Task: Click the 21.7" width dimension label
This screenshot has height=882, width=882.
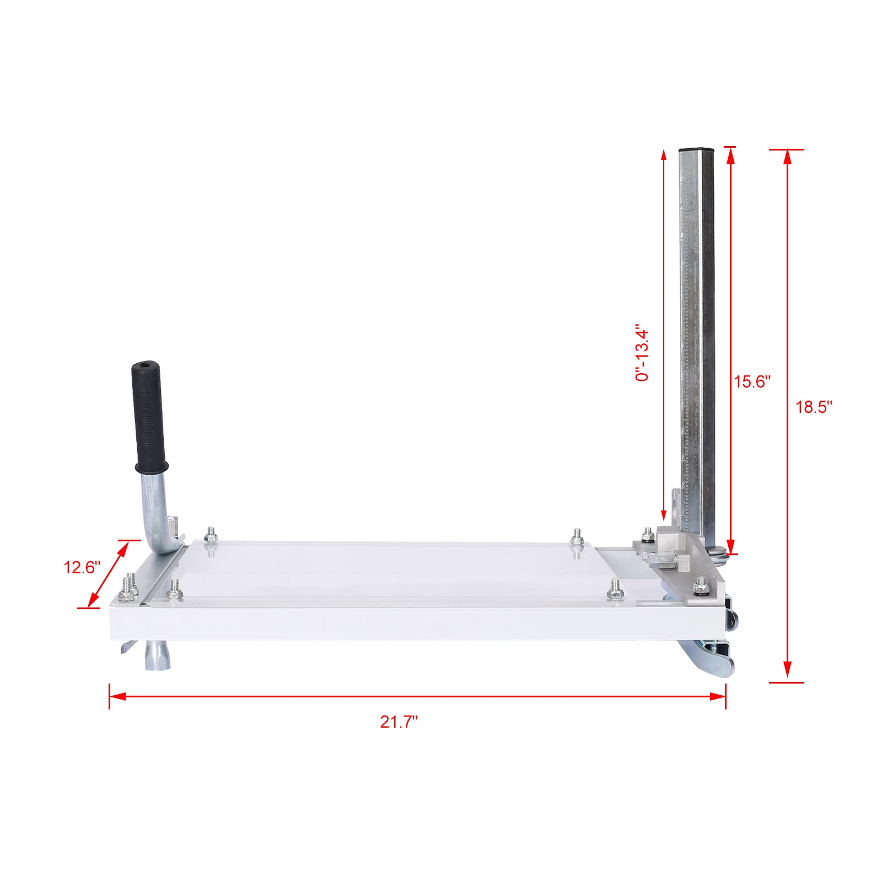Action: pos(399,722)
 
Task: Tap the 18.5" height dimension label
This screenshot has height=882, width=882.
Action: pos(813,407)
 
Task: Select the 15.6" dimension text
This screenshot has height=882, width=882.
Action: pos(751,381)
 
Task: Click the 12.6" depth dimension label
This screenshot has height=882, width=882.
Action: pos(82,567)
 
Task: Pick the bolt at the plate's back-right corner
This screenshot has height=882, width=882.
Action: pos(577,536)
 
